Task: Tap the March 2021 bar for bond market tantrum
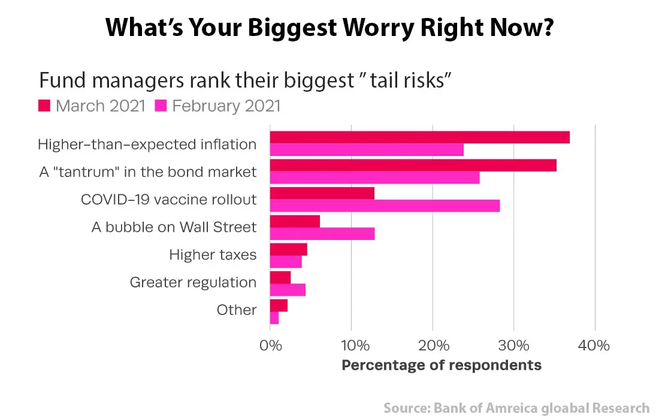click(x=413, y=166)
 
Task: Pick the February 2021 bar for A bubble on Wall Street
click(x=322, y=234)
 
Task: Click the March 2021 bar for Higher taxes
click(x=288, y=249)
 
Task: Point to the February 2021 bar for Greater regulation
click(x=288, y=290)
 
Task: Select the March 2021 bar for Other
click(x=279, y=305)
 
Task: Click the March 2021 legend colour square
click(x=44, y=106)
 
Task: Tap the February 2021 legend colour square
click(x=161, y=106)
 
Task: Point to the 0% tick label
click(x=270, y=346)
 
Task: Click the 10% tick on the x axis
click(x=352, y=346)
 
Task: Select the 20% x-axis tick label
click(x=433, y=346)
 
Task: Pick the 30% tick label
click(x=513, y=346)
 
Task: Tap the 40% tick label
click(x=594, y=346)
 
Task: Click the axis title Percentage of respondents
click(x=441, y=365)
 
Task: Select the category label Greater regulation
click(x=193, y=282)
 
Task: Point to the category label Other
click(x=236, y=310)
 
